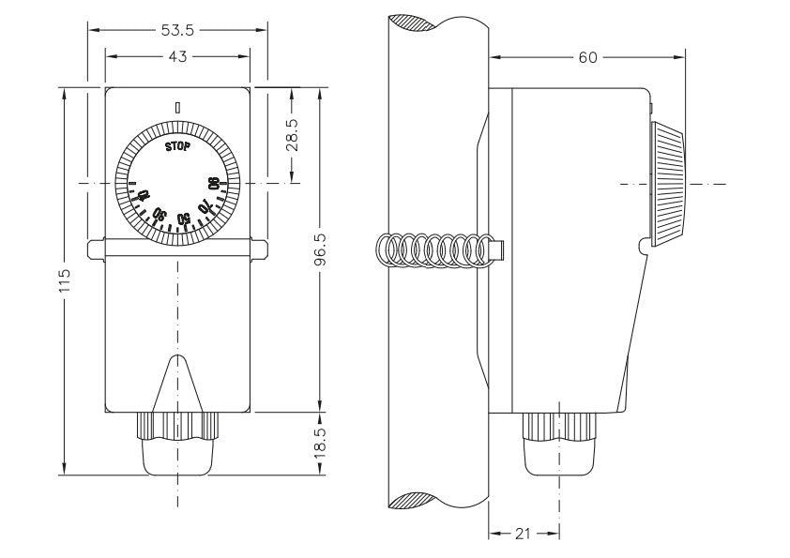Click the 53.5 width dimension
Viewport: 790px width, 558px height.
click(176, 30)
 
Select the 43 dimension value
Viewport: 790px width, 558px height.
click(177, 56)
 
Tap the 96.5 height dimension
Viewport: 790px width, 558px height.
click(321, 249)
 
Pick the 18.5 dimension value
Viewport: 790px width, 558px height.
click(321, 440)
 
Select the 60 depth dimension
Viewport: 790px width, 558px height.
click(587, 57)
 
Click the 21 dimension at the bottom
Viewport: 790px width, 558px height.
click(524, 534)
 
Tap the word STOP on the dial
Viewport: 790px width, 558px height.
click(176, 146)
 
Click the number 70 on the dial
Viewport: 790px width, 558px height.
click(204, 205)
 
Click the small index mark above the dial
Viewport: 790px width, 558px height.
click(176, 106)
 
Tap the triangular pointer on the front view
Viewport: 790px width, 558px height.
click(177, 384)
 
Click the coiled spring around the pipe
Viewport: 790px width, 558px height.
click(432, 251)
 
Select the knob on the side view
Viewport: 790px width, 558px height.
click(668, 183)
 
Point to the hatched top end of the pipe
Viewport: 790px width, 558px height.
click(417, 23)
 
